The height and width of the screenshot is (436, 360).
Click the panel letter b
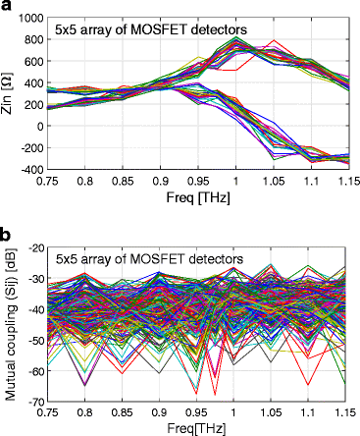pyautogui.click(x=7, y=237)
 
